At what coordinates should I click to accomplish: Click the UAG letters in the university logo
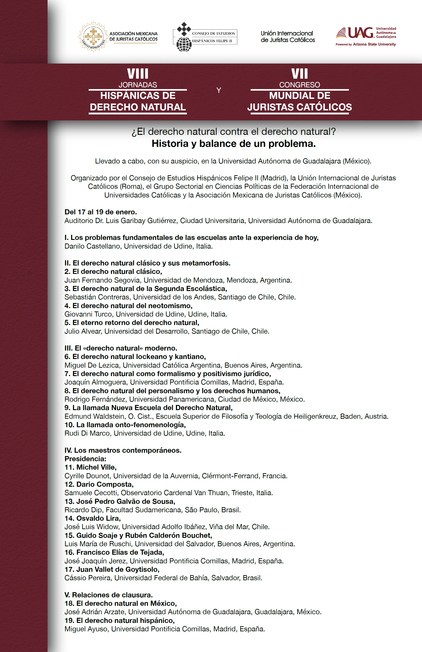[360, 33]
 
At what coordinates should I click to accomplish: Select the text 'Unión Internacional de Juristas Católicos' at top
[288, 37]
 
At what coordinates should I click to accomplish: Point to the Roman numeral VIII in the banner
[138, 74]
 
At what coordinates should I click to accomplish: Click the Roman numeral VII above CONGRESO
[300, 74]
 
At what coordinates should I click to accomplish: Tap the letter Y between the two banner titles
[219, 90]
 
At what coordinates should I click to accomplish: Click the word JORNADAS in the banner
[138, 85]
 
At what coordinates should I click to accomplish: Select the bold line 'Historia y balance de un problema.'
[234, 144]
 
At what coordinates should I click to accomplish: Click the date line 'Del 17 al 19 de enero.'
[101, 212]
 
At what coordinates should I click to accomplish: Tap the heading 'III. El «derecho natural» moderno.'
[121, 348]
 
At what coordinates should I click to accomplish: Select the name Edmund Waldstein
[94, 416]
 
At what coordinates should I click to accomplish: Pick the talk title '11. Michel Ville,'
[90, 467]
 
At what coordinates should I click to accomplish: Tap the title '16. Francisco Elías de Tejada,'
[114, 552]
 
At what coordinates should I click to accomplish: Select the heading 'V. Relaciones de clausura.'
[108, 595]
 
